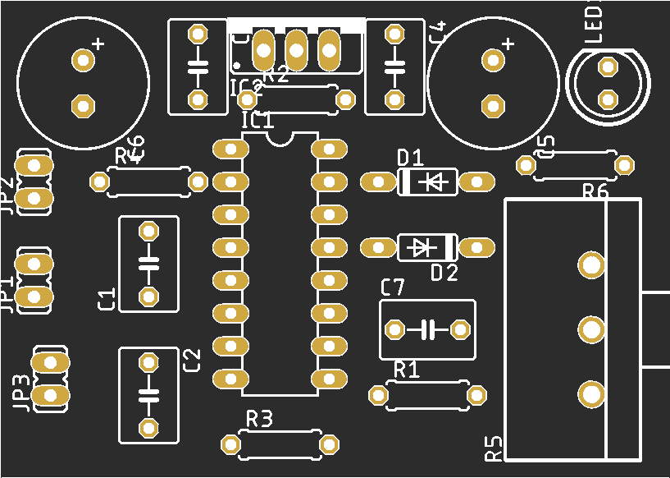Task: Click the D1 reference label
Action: tap(410, 157)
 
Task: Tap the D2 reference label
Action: tap(444, 273)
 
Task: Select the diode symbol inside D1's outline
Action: tap(435, 181)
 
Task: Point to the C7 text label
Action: tap(393, 287)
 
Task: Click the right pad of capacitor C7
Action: tap(460, 329)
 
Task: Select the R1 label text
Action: tap(407, 369)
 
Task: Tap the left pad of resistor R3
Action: tap(230, 444)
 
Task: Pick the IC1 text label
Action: tap(258, 121)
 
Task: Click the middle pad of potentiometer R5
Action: tap(590, 329)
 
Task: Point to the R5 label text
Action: tap(493, 448)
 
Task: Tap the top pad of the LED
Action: tap(608, 67)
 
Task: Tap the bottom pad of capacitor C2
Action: tap(148, 427)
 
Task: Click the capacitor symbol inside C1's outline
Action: tap(148, 264)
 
